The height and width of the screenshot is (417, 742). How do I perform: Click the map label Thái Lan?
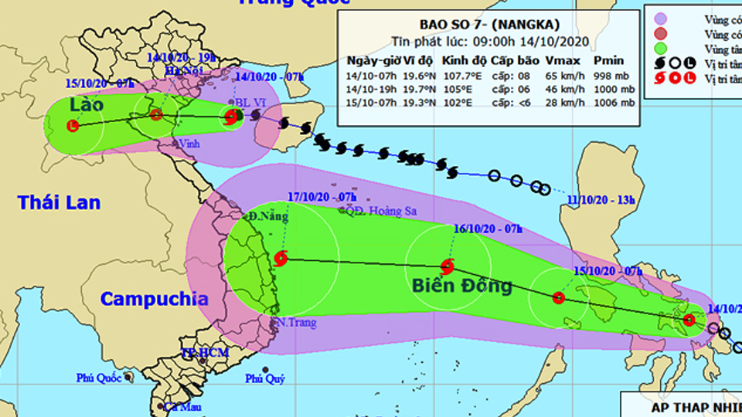click(60, 202)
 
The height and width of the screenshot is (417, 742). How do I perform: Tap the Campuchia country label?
click(155, 299)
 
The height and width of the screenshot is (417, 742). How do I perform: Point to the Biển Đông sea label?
click(462, 286)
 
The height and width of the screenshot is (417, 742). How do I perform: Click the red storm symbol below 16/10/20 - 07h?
click(448, 266)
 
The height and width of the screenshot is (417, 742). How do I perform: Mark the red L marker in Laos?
click(73, 125)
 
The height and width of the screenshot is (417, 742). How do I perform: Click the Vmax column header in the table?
click(561, 61)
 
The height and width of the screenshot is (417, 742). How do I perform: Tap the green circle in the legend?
click(660, 48)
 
